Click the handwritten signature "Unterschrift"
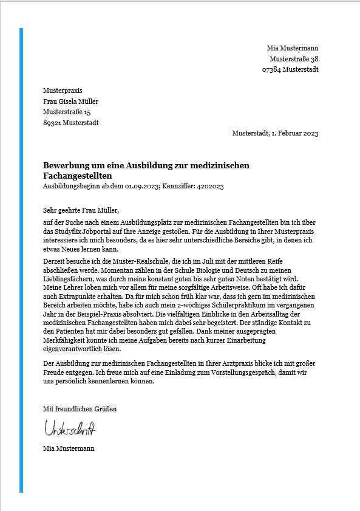coord(69,428)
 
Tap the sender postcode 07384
coord(271,70)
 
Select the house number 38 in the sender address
coord(314,59)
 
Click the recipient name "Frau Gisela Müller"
coord(70,101)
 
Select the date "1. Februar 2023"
coord(293,134)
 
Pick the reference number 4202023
coord(210,186)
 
